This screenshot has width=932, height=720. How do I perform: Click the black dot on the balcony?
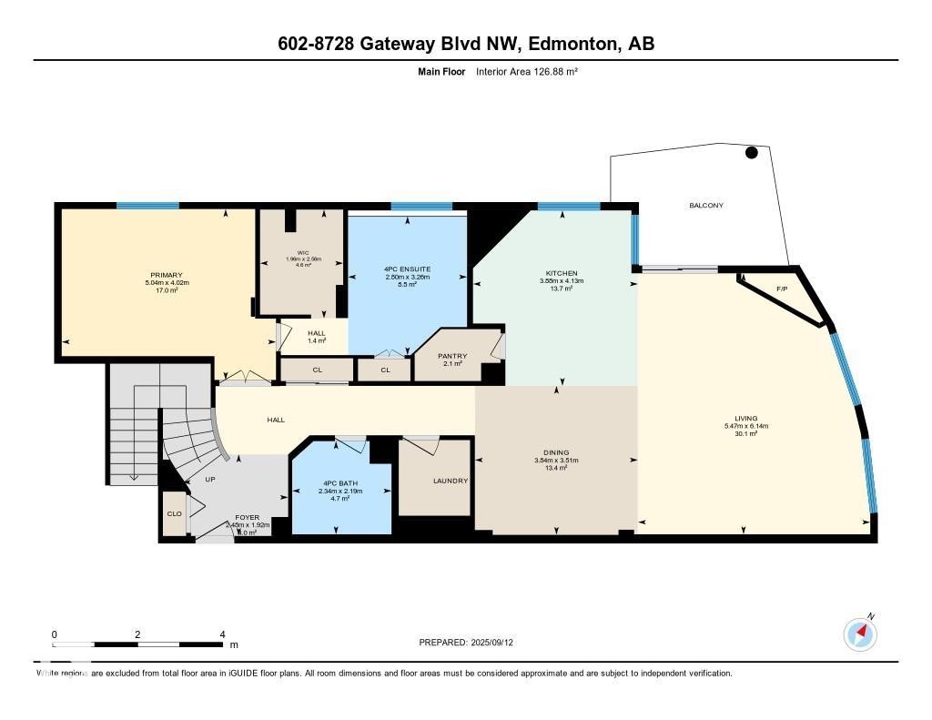point(752,153)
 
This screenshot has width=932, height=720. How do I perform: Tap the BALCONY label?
point(705,206)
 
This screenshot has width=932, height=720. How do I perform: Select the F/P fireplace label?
point(781,289)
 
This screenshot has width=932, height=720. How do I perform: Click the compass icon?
point(861,634)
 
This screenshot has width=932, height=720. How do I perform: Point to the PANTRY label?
point(452,356)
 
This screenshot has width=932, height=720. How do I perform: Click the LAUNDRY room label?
point(451,481)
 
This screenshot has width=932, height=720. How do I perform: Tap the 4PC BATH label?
point(340,482)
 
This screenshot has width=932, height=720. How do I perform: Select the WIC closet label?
point(303,252)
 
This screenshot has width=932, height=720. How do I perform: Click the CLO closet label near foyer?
point(174,513)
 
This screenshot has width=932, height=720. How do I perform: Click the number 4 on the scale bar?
point(222,634)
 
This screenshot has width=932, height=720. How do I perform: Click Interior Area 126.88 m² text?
point(527,70)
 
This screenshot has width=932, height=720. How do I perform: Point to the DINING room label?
point(555,452)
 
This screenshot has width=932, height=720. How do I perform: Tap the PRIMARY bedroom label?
point(167,275)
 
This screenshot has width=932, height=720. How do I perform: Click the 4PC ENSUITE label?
point(407,269)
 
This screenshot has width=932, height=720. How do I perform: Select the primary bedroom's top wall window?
point(147,206)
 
